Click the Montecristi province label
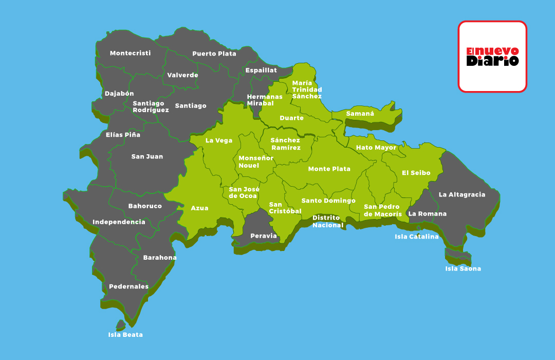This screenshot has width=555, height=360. (x=130, y=53)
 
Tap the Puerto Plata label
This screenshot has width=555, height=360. (x=214, y=53)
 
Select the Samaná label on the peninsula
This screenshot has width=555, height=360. (x=360, y=114)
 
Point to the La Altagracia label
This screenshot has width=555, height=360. (x=461, y=195)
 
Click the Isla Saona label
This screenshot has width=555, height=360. (x=463, y=268)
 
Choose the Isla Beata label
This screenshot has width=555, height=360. (x=125, y=335)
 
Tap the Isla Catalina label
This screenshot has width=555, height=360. (x=417, y=237)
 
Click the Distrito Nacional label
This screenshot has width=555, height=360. (x=327, y=222)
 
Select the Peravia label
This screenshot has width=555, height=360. (x=263, y=236)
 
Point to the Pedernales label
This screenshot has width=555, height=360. (x=128, y=286)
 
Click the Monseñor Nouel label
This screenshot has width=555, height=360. (x=256, y=162)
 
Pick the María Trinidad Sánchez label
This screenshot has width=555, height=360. (x=307, y=89)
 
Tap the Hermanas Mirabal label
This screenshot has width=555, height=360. (x=265, y=100)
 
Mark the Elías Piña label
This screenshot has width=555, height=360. (x=123, y=135)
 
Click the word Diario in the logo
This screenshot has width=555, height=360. (x=492, y=61)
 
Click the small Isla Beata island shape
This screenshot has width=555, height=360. (x=120, y=325)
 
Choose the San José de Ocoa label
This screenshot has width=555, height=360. (x=244, y=192)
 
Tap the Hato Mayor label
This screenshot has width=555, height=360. (x=376, y=148)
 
